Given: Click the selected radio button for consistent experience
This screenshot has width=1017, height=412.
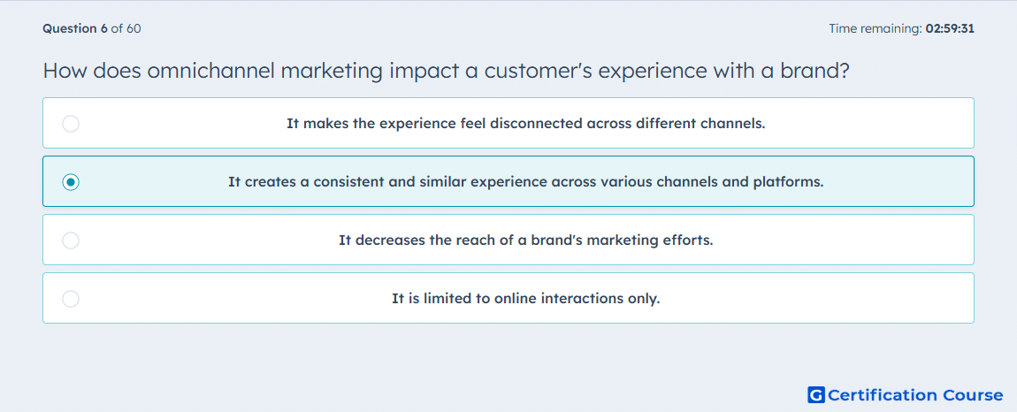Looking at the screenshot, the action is click(71, 182).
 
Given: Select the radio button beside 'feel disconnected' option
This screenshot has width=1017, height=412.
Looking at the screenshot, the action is click(71, 124).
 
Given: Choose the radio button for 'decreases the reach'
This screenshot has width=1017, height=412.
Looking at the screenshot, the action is click(71, 240).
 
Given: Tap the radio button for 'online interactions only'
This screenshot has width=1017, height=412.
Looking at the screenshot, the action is click(71, 299).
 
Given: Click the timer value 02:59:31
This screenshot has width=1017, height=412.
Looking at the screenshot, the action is click(950, 28).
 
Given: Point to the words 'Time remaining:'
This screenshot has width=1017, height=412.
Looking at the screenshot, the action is click(876, 28).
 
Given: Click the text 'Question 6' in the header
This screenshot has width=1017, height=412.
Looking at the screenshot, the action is click(75, 28).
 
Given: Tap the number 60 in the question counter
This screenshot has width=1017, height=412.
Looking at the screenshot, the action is click(134, 28).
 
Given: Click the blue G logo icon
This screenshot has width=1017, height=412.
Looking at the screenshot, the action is click(816, 394).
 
